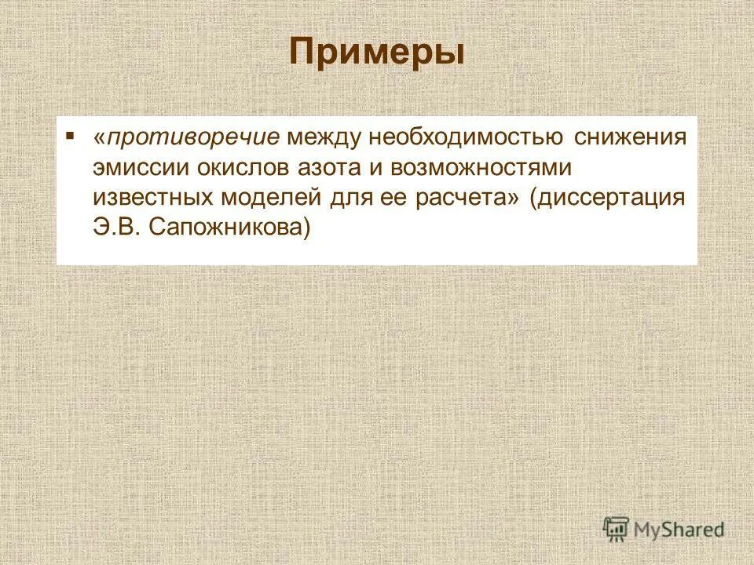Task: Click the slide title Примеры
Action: click(376, 53)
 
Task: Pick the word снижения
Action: click(630, 138)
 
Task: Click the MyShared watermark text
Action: click(680, 530)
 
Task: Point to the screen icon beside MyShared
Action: click(617, 530)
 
